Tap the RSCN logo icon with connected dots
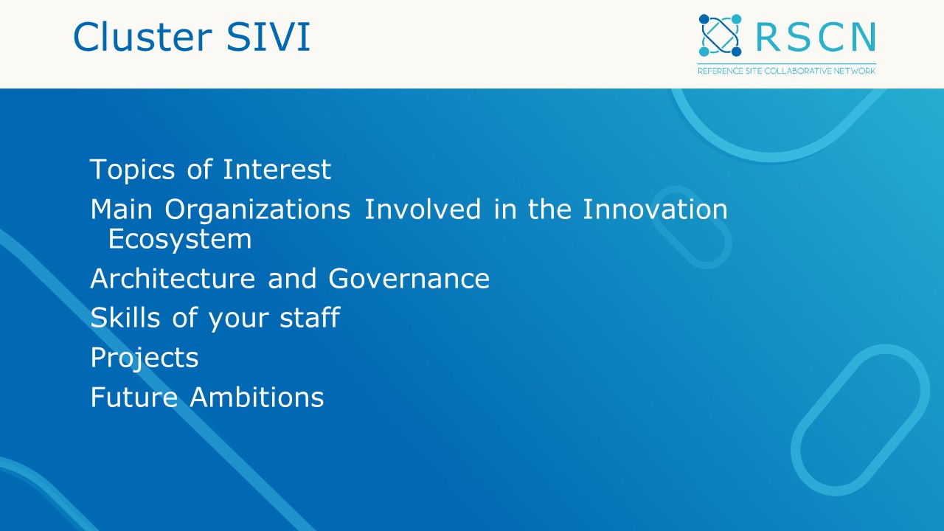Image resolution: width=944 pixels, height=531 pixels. tap(720, 35)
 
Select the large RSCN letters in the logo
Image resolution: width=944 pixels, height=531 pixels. tap(816, 37)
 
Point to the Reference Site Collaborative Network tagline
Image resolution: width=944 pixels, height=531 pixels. tap(787, 71)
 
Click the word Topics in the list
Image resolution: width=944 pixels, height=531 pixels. tap(132, 170)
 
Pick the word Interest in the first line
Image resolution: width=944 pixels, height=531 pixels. tap(277, 170)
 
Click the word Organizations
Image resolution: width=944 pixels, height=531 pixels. tap(257, 210)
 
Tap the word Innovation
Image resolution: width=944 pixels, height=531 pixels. tap(655, 209)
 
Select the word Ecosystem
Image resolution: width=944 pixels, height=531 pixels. tap(179, 239)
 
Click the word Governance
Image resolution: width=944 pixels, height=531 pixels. tap(409, 279)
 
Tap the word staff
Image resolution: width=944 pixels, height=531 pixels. tap(309, 318)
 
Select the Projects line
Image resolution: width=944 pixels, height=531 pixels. tap(144, 358)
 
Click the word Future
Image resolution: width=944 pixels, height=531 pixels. tap(133, 398)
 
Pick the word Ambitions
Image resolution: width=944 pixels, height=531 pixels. tap(257, 398)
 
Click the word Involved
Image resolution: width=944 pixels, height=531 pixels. tap(423, 209)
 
